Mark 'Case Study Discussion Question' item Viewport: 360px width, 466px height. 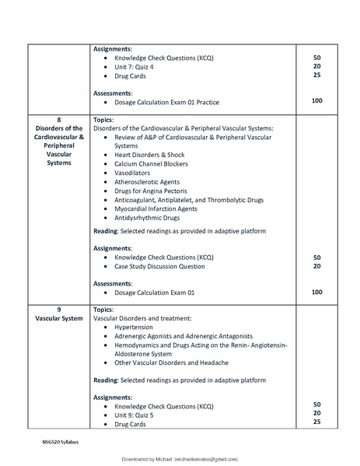click(x=159, y=266)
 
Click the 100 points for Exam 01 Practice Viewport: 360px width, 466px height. click(x=316, y=101)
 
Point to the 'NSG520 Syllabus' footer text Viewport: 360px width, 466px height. click(x=61, y=441)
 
